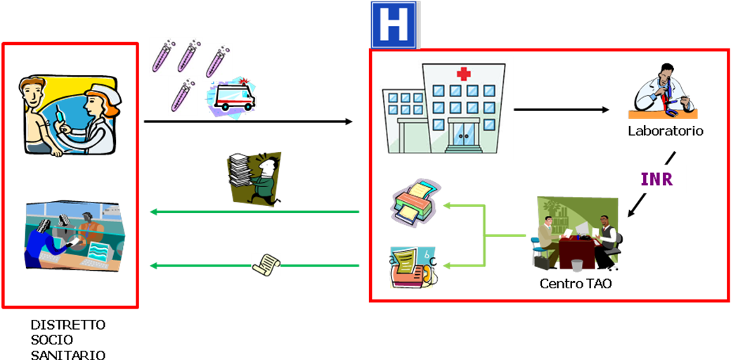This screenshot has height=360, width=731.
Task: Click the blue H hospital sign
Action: coord(394,25)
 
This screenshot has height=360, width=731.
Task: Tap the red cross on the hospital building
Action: coord(463,73)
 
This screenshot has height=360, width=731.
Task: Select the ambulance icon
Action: coord(231,97)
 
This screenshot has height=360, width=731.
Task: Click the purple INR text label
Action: coord(656,179)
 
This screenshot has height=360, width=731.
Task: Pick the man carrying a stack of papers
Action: coord(256,179)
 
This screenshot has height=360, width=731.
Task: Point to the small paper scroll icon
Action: coord(266,264)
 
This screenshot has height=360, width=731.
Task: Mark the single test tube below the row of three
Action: coord(183,97)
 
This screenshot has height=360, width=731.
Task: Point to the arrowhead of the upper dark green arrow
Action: coord(152,212)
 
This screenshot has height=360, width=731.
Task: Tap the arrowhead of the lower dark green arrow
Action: coord(152,266)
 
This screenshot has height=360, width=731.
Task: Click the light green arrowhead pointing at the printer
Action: coord(446,205)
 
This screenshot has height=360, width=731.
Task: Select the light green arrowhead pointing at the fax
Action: coord(446,266)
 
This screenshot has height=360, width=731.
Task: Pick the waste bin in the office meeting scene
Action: coord(577,265)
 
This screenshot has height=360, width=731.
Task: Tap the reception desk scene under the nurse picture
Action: coord(75,236)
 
